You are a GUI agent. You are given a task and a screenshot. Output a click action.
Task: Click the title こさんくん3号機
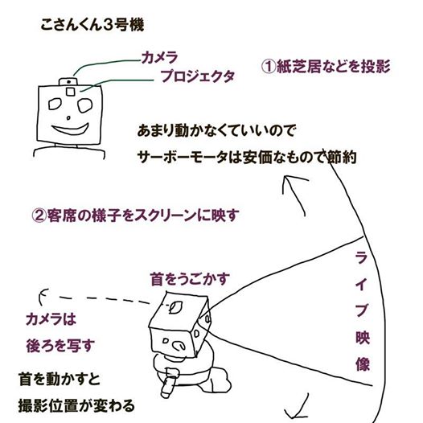pos(92,25)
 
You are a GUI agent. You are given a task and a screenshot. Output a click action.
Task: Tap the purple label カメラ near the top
pos(159,57)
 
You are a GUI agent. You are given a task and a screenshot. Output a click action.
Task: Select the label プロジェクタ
pos(197,76)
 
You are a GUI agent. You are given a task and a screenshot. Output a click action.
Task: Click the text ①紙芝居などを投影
pos(326,67)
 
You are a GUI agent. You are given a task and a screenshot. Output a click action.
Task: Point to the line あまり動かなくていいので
pos(216,130)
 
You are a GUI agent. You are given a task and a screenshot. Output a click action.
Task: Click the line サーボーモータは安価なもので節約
pos(247,158)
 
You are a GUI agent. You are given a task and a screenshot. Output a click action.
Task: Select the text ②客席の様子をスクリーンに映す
pos(135,216)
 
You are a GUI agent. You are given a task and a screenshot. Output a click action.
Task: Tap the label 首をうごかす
pos(190,279)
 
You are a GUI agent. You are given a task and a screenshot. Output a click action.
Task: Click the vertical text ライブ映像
pos(362,310)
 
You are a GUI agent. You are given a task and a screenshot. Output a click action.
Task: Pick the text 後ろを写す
pos(60,346)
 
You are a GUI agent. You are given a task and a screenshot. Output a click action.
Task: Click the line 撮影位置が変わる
pos(76,405)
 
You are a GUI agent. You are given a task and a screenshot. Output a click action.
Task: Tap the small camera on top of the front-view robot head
pos(68,82)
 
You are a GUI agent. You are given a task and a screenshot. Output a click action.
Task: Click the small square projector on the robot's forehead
pos(71,92)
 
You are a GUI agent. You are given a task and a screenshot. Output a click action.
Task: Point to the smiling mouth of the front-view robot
pos(71,129)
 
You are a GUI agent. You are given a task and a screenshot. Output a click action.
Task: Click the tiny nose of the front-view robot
pos(68,118)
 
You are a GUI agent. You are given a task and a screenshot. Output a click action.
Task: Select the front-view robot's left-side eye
pos(55,104)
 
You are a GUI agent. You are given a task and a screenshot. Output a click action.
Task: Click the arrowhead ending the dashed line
pos(43,297)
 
